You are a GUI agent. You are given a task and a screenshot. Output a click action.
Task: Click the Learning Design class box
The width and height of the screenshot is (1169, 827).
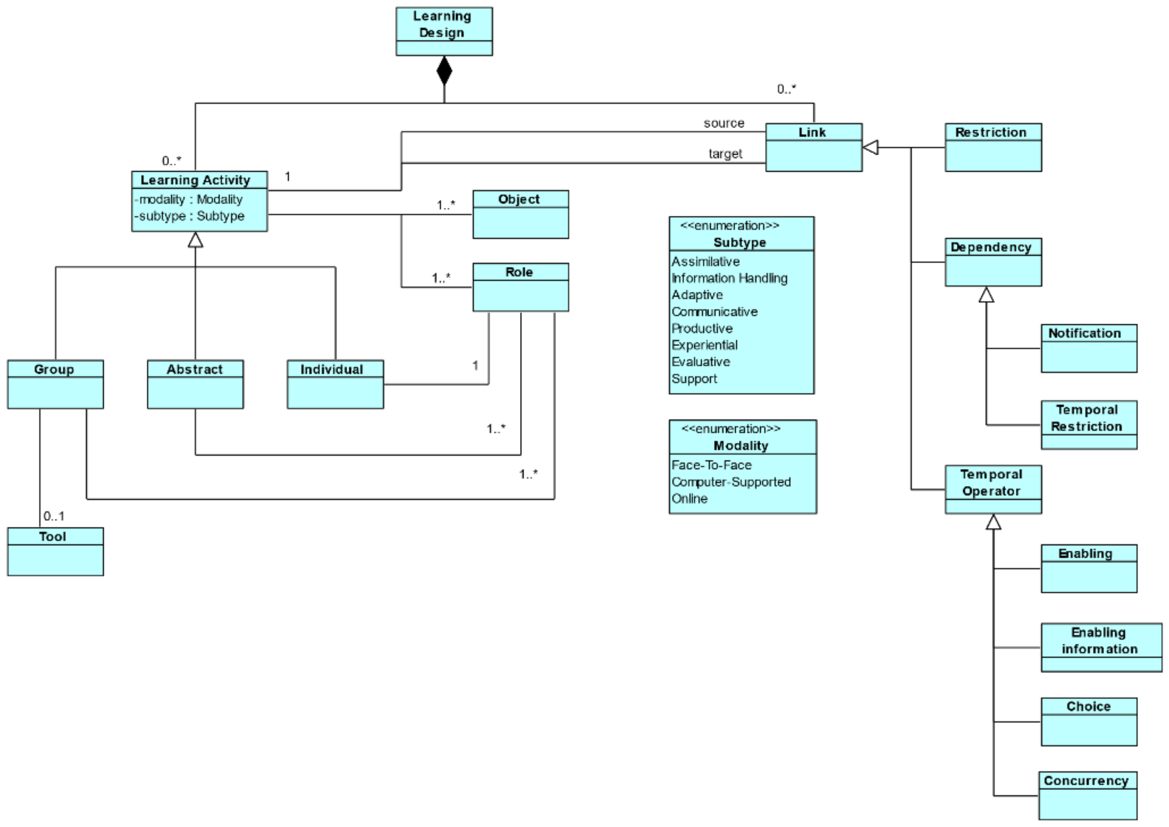click(444, 31)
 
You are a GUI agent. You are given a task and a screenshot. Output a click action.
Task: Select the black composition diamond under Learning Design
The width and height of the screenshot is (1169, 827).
click(444, 71)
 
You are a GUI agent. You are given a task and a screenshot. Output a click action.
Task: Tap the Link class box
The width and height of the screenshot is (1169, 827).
click(813, 147)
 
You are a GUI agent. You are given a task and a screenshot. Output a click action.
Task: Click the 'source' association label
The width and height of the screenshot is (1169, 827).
click(724, 123)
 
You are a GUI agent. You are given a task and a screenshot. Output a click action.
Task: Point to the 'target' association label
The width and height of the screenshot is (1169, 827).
click(725, 154)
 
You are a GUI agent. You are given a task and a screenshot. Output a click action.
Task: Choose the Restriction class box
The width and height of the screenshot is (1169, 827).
click(993, 147)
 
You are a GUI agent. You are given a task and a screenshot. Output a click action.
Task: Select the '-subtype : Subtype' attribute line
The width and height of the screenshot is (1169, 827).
click(189, 217)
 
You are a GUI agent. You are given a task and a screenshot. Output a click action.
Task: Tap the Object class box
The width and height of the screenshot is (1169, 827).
click(520, 214)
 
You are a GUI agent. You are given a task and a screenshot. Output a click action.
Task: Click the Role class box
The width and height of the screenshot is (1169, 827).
click(520, 287)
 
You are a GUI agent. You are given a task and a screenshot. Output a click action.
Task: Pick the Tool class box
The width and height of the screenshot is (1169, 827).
click(55, 551)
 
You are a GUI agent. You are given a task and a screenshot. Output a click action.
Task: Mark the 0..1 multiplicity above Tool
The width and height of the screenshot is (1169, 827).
click(54, 516)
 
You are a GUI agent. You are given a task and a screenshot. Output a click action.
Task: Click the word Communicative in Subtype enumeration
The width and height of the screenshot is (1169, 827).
click(714, 311)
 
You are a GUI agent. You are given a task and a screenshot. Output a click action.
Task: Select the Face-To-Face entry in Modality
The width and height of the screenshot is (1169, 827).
click(711, 466)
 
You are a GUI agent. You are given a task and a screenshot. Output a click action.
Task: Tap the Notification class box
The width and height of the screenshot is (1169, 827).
click(1089, 348)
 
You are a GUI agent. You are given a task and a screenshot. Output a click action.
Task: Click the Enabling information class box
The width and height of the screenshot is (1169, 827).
click(1101, 647)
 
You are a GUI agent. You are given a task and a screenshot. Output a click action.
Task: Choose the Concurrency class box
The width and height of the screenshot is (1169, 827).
click(1087, 795)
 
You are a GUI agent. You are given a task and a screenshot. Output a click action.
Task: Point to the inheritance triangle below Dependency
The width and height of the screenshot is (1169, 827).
click(986, 295)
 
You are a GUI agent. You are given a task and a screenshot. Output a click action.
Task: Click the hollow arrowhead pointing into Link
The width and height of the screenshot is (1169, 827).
click(871, 148)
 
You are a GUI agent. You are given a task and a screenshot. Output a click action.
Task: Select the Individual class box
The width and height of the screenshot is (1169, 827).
click(335, 384)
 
